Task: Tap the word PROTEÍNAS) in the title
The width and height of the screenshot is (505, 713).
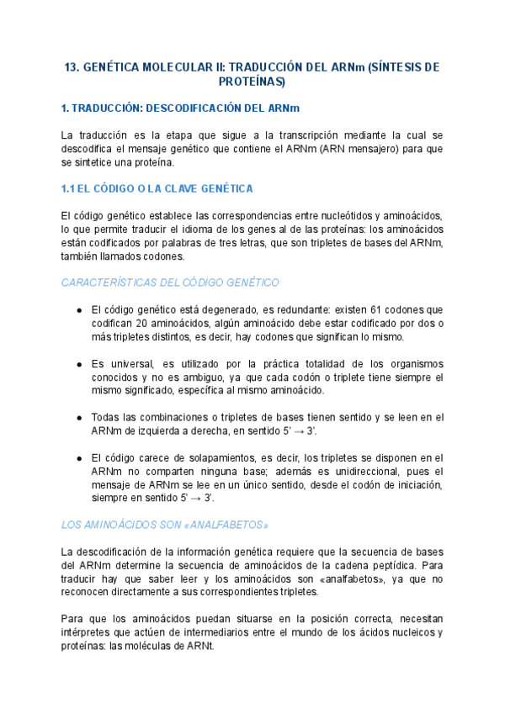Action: [x=252, y=82]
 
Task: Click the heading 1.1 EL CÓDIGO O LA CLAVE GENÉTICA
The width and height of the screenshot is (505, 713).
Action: [x=157, y=188]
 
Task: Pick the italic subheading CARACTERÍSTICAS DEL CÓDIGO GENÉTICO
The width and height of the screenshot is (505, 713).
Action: [x=170, y=283]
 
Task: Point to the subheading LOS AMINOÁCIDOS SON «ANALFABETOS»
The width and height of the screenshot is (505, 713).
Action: [x=165, y=525]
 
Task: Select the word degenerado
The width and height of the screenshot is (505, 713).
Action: [x=213, y=309]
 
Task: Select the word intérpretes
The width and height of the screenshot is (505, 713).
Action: [x=89, y=632]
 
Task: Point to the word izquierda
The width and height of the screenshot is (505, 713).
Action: [x=172, y=430]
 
